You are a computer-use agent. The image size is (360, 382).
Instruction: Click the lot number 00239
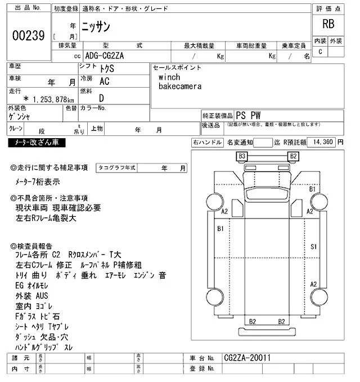click(28, 35)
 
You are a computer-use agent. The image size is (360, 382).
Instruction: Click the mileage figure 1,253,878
click(47, 99)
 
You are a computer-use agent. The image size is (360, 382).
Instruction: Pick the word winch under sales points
click(169, 77)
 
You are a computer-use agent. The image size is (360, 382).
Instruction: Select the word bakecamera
click(180, 87)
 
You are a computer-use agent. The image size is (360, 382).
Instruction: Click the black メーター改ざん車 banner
click(37, 143)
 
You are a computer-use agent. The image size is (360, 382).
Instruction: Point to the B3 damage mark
click(242, 156)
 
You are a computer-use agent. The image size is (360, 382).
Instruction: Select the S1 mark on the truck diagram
click(314, 247)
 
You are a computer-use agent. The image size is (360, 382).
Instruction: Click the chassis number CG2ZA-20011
click(247, 358)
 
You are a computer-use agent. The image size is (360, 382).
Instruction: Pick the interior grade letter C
click(321, 52)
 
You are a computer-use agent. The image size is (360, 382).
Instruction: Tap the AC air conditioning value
click(105, 81)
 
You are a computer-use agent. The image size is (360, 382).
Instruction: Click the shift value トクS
click(104, 68)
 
